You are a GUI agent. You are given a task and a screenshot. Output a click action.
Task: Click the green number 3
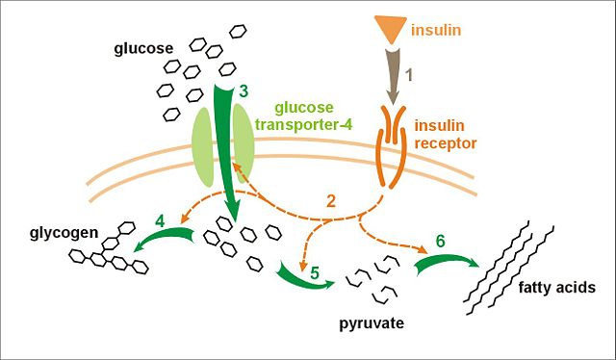[x=244, y=91]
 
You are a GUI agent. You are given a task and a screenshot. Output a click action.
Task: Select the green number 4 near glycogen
[x=160, y=219]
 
